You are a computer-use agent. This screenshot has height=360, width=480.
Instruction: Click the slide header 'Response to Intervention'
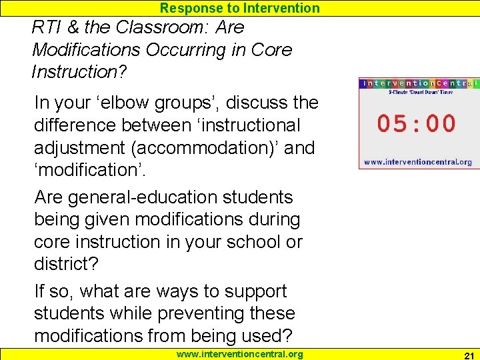click(x=239, y=8)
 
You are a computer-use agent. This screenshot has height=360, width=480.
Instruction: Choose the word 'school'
click(x=243, y=241)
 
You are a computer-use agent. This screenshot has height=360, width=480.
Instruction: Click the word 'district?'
click(x=65, y=263)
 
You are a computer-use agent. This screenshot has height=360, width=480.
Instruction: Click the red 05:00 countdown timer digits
click(x=417, y=123)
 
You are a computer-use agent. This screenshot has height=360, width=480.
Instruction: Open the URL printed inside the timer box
click(x=417, y=162)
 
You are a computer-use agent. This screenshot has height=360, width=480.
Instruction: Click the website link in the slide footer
click(x=239, y=354)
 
